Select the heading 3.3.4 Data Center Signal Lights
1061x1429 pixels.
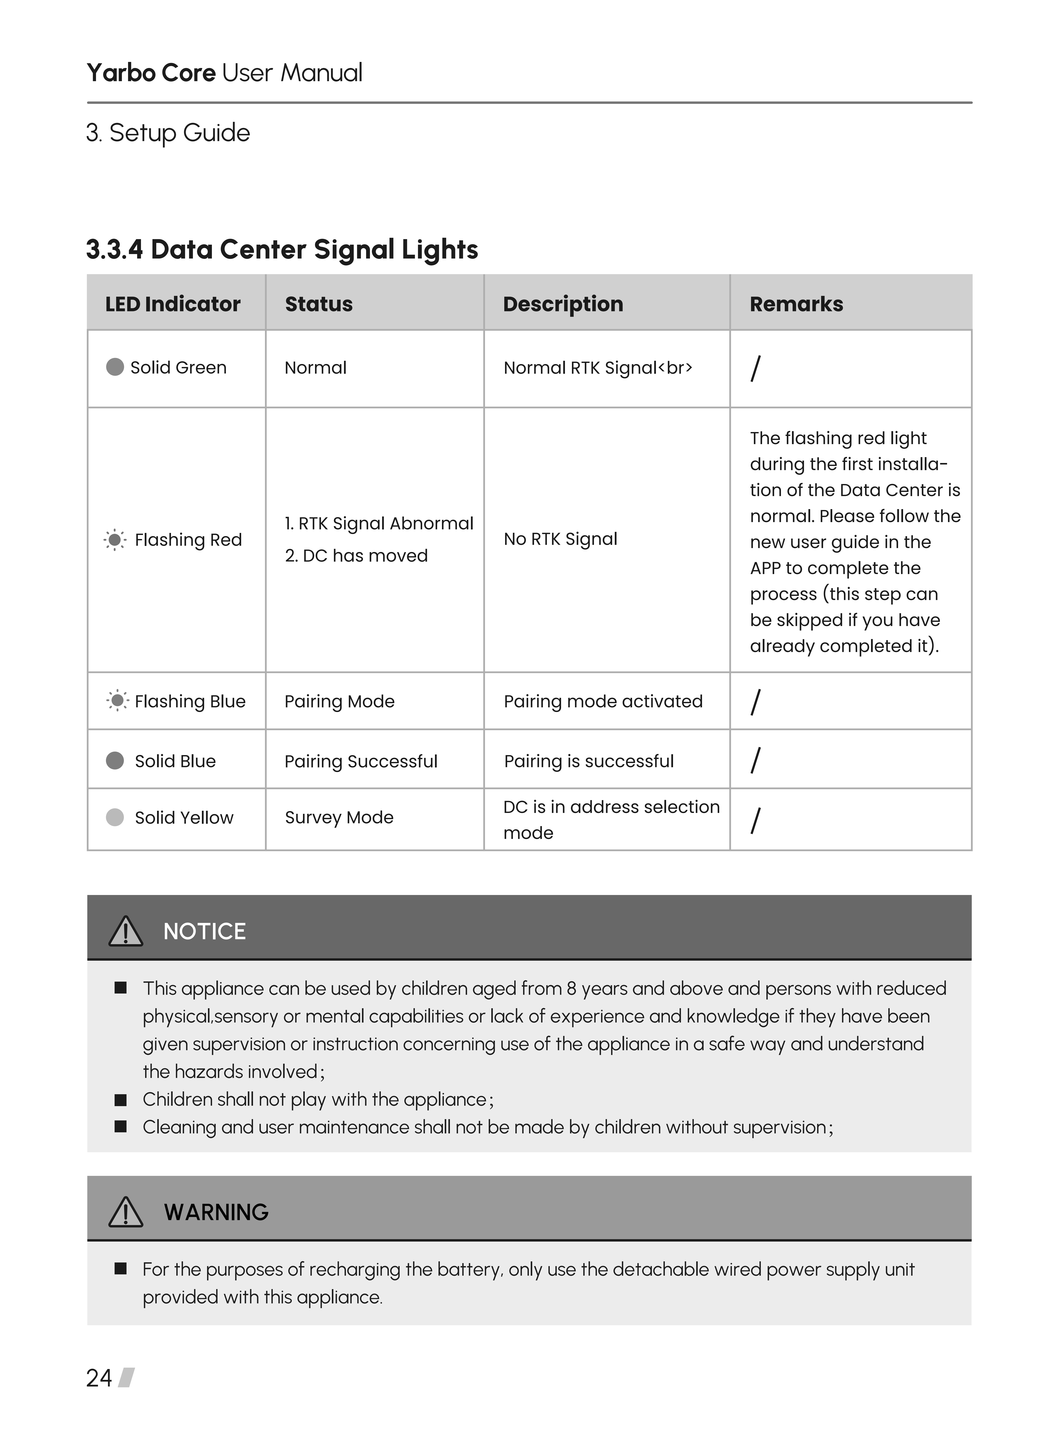coord(282,249)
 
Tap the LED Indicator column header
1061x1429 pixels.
coord(173,304)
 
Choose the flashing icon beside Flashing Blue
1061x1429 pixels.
coord(117,700)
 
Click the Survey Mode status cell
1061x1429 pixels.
coord(339,817)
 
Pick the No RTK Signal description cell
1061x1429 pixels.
coord(560,539)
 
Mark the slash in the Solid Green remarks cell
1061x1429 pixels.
coord(755,369)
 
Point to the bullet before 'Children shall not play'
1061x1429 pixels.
coord(120,1100)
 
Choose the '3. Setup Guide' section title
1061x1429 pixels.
coord(168,133)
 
